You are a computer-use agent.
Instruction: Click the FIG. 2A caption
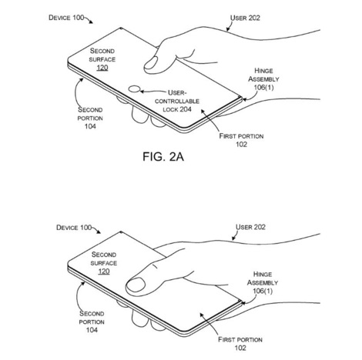click(163, 157)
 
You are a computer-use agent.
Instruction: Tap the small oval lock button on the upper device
click(134, 89)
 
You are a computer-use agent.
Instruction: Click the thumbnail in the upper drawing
click(151, 62)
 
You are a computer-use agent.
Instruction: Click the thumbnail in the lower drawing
click(136, 285)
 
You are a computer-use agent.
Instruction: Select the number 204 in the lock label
click(184, 109)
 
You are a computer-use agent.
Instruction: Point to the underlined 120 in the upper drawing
click(102, 68)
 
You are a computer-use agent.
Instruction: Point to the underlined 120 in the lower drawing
click(104, 272)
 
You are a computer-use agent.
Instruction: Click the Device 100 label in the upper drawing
click(66, 18)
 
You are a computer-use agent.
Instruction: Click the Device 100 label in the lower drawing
click(74, 228)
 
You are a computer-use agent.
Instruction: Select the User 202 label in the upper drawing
click(245, 18)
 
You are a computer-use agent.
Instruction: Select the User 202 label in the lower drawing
click(250, 227)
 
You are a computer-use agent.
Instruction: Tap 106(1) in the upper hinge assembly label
click(263, 88)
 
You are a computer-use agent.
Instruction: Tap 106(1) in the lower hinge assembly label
click(263, 291)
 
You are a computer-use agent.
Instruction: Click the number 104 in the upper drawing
click(90, 126)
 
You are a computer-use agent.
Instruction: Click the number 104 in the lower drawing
click(92, 330)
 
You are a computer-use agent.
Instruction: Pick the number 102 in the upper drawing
click(242, 145)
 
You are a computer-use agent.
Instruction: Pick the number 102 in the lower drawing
click(240, 348)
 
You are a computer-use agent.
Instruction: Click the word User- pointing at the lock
click(177, 92)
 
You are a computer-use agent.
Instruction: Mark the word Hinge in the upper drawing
click(263, 71)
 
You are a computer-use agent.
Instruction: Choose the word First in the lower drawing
click(226, 339)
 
